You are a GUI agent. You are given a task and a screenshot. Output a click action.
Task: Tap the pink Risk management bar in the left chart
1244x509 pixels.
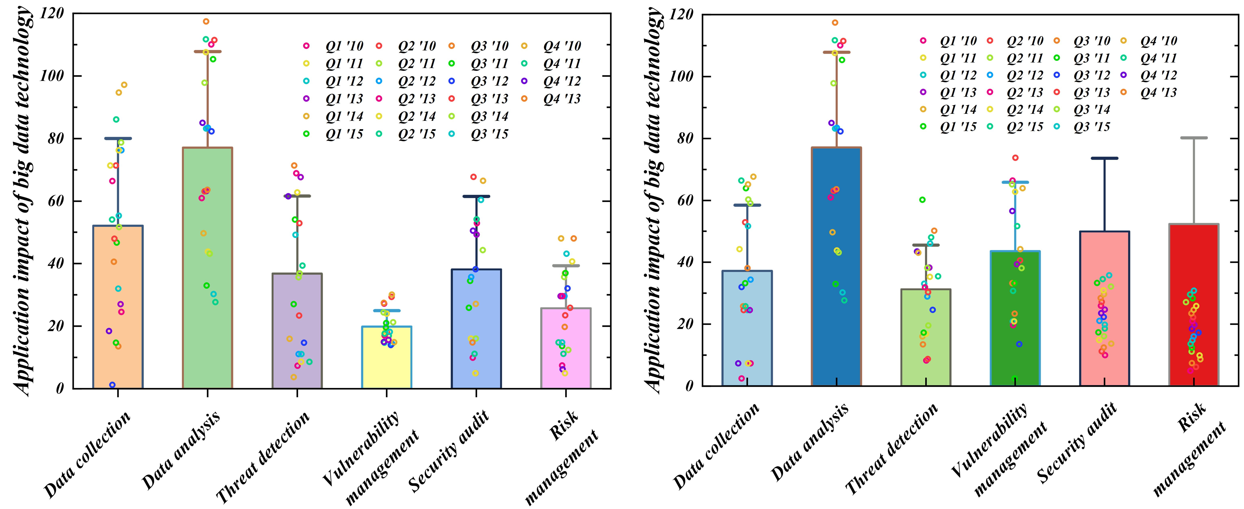(565, 348)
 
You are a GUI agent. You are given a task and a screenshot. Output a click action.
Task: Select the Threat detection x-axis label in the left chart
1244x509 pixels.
(263, 456)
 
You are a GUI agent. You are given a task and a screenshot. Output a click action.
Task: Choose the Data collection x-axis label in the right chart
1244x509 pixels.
(717, 447)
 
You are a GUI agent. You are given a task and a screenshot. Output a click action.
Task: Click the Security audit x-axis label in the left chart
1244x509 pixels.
(449, 451)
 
